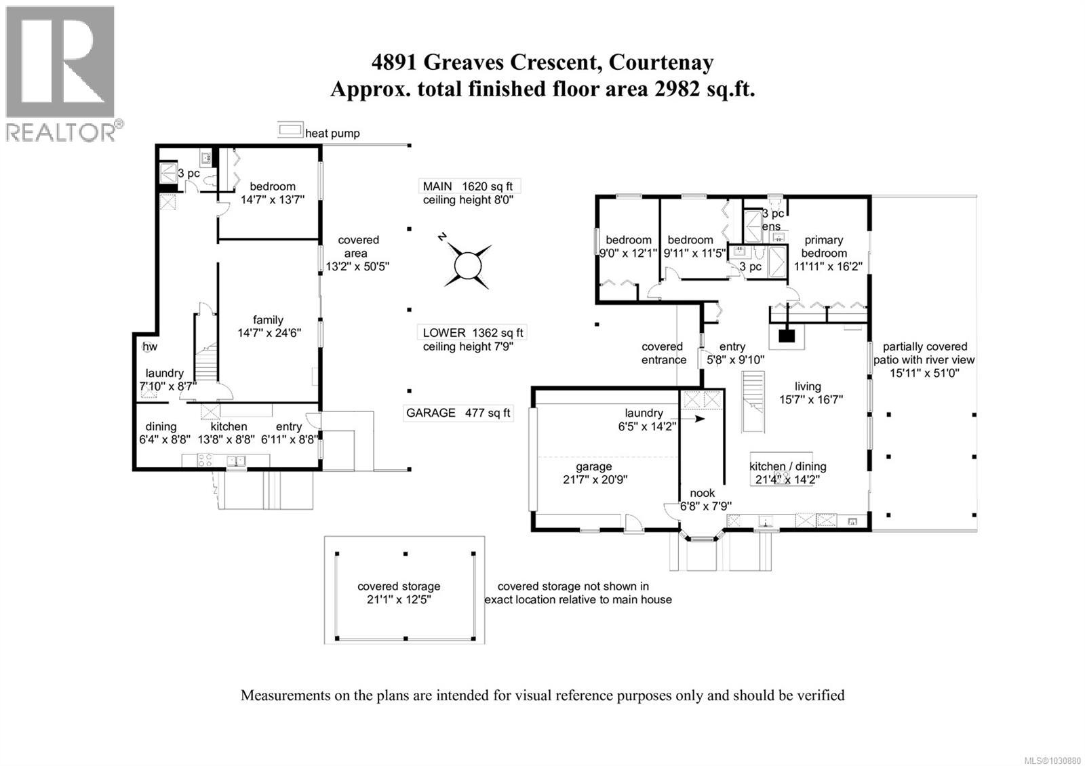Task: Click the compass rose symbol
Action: [467, 264]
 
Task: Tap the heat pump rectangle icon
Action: [290, 130]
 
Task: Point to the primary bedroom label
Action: [823, 246]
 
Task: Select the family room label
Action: [268, 320]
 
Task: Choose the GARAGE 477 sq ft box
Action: [458, 412]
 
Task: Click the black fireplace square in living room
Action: [786, 335]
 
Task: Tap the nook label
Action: [703, 493]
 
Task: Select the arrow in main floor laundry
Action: [698, 420]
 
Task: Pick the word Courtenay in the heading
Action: [661, 62]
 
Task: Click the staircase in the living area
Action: [754, 401]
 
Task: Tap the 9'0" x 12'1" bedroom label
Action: [629, 246]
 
